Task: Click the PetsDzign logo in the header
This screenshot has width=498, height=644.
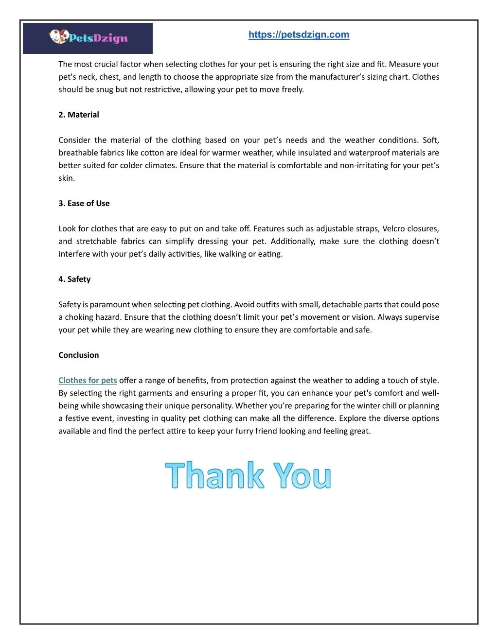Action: (x=88, y=37)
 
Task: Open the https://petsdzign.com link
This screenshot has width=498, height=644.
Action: (x=299, y=35)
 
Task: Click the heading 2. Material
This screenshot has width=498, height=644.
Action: (x=78, y=115)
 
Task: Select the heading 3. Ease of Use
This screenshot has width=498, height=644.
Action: (x=84, y=203)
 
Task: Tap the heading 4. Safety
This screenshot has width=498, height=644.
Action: (x=74, y=279)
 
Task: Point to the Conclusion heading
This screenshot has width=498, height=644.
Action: (x=78, y=355)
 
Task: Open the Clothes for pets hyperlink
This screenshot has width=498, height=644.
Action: (x=88, y=380)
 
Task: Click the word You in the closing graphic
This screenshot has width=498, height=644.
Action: (x=302, y=475)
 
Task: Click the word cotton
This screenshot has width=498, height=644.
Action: (x=152, y=153)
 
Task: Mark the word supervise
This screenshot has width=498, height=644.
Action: (x=422, y=317)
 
